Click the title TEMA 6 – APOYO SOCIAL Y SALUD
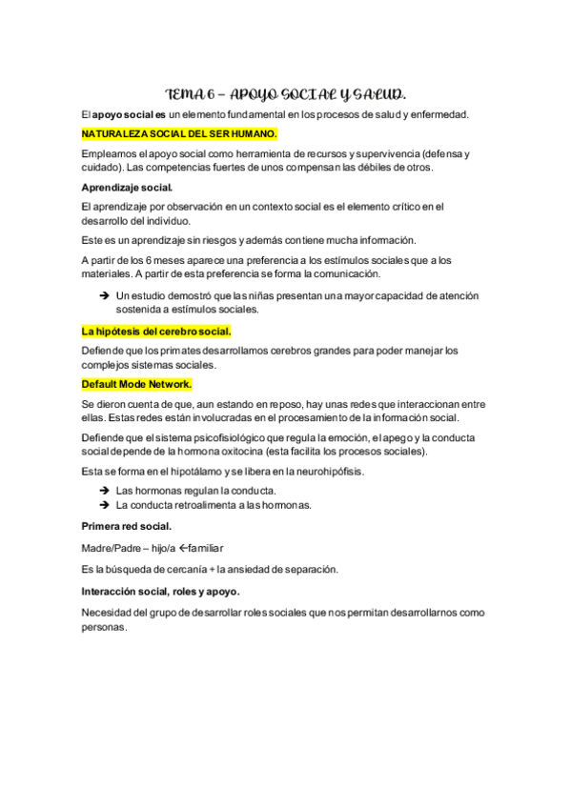coord(285,94)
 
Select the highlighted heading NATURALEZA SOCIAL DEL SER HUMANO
coord(180,133)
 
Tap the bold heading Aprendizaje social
coord(127,187)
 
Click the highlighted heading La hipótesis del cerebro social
coord(156,332)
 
